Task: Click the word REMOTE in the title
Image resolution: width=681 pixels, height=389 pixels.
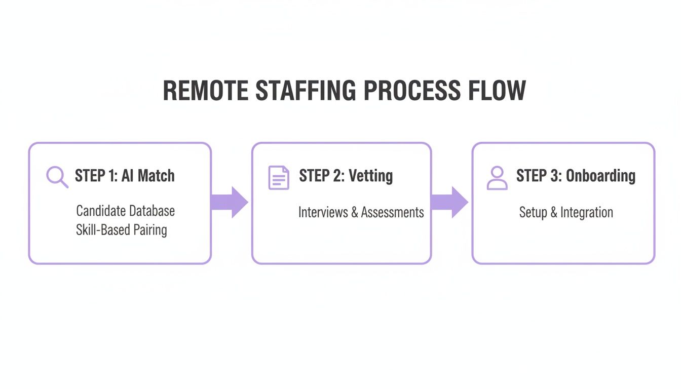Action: (206, 91)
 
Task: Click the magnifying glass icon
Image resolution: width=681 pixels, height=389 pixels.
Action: (57, 177)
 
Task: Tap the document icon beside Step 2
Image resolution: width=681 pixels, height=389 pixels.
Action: (279, 177)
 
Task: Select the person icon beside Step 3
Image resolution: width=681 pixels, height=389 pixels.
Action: (497, 178)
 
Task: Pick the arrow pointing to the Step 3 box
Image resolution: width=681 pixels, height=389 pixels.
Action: (450, 202)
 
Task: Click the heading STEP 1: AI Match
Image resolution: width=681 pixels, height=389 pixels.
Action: (125, 176)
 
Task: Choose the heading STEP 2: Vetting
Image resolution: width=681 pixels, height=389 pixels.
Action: (346, 176)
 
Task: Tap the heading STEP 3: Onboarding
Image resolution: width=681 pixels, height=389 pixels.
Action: (576, 176)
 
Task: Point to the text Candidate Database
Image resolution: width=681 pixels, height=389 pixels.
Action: (125, 210)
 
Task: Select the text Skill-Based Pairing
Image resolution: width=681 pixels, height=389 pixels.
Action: (121, 230)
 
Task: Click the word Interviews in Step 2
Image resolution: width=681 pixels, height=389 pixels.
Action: (323, 212)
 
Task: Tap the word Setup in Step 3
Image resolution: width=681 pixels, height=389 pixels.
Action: (533, 212)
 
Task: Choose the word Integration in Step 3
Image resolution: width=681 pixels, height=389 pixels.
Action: (586, 212)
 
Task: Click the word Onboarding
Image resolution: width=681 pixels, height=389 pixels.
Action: (600, 176)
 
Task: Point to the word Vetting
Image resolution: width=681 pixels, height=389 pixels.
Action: (371, 176)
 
